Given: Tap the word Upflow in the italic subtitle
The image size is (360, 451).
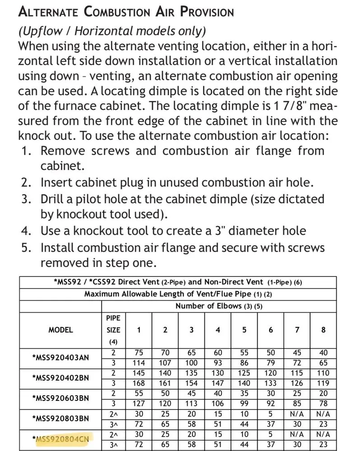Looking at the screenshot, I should tap(46, 31).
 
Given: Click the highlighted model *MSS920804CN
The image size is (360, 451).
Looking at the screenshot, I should tap(61, 438).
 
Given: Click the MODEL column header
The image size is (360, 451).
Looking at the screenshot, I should tap(60, 330).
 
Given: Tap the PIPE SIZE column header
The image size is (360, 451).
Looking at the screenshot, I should tap(113, 330).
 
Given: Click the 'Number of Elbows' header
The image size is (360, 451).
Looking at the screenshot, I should tap(219, 306).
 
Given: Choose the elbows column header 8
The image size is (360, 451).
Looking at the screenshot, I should tap(323, 330).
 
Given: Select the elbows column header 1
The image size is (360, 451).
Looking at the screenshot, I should tap(138, 330).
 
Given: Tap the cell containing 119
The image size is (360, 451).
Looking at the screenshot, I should tap(323, 383).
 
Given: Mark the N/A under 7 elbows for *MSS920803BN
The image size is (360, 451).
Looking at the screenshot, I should tap(297, 413).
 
